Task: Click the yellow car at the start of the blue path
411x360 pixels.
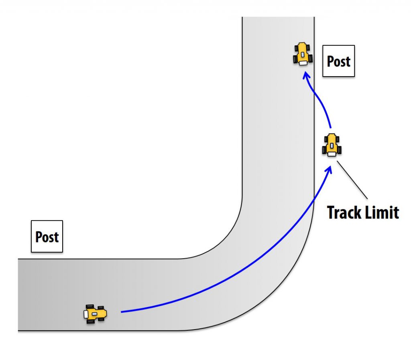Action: [96, 314]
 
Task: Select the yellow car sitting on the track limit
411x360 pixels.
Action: [332, 145]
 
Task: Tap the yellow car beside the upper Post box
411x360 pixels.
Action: [303, 54]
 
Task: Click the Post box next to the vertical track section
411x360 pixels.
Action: [339, 61]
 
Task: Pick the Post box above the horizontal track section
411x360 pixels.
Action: [47, 236]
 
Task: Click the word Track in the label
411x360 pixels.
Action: [343, 212]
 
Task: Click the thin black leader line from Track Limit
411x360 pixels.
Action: [352, 180]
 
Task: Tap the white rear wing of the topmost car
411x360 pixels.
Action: [304, 62]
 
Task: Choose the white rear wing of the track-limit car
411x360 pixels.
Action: [332, 153]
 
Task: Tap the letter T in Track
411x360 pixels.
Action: [331, 212]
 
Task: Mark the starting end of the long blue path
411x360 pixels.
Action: [122, 311]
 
